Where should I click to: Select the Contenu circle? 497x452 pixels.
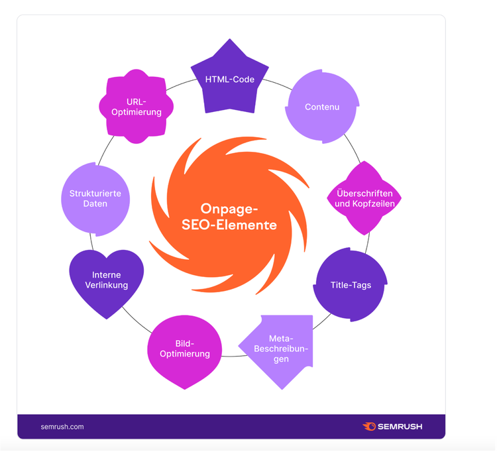322,107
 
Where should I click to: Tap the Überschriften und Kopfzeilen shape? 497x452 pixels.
364,198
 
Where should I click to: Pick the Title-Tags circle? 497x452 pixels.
351,284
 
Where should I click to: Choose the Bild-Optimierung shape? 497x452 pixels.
184,352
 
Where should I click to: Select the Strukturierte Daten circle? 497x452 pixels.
95,199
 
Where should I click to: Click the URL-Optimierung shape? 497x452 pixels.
137,107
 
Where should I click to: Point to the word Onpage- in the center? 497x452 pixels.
229,209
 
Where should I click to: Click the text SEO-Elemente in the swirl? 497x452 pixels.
229,225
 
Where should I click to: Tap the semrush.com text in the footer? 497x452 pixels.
62,427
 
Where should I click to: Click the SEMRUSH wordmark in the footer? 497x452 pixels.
400,427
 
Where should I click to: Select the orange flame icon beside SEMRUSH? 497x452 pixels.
369,426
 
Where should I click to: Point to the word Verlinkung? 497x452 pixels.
107,285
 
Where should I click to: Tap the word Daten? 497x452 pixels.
95,204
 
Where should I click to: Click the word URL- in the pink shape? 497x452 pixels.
137,102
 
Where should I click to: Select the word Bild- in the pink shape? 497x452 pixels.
185,343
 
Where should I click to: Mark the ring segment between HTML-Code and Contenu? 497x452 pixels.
278,84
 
